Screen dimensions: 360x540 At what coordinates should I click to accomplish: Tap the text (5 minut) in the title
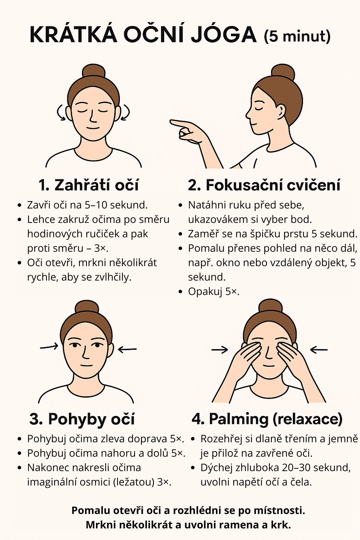297,36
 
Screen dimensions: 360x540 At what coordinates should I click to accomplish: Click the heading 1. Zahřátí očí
89,185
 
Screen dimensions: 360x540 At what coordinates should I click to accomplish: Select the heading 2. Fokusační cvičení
264,185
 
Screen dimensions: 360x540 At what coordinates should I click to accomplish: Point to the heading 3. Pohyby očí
82,419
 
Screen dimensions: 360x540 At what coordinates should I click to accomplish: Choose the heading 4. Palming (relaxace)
267,419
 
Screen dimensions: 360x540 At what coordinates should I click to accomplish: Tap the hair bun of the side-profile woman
283,72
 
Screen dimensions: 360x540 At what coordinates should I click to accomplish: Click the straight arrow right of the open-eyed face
127,349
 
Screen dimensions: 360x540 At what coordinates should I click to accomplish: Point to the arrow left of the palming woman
220,349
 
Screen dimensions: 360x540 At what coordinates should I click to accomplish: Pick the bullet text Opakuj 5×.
214,292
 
